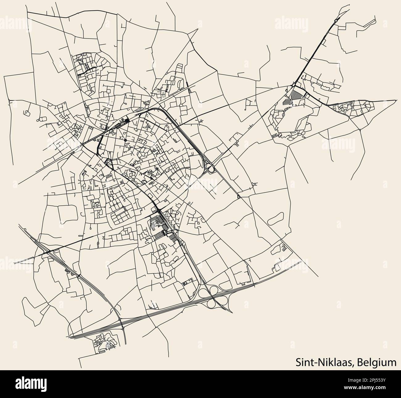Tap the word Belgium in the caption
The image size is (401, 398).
point(377,362)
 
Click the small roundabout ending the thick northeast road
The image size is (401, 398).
point(336,21)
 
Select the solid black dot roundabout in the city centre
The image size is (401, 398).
point(126,140)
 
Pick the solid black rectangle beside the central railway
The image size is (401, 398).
point(127,121)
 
